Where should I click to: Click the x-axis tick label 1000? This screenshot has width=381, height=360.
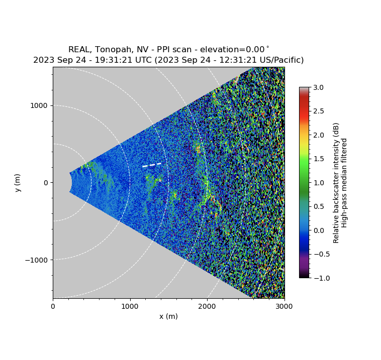130,306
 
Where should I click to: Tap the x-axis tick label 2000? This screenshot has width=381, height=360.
207,306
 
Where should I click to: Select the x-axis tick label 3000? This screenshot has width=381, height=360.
284,306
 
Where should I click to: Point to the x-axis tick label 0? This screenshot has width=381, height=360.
53,306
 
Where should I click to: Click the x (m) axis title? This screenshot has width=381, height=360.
168,316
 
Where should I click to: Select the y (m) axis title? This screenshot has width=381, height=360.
18,183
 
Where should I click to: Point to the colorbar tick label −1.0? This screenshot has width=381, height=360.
319,278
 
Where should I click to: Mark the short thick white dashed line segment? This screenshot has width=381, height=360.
152,165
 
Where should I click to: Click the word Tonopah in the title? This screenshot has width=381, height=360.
111,50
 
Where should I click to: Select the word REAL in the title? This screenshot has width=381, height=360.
79,50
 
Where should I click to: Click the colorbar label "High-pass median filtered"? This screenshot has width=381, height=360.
345,183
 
